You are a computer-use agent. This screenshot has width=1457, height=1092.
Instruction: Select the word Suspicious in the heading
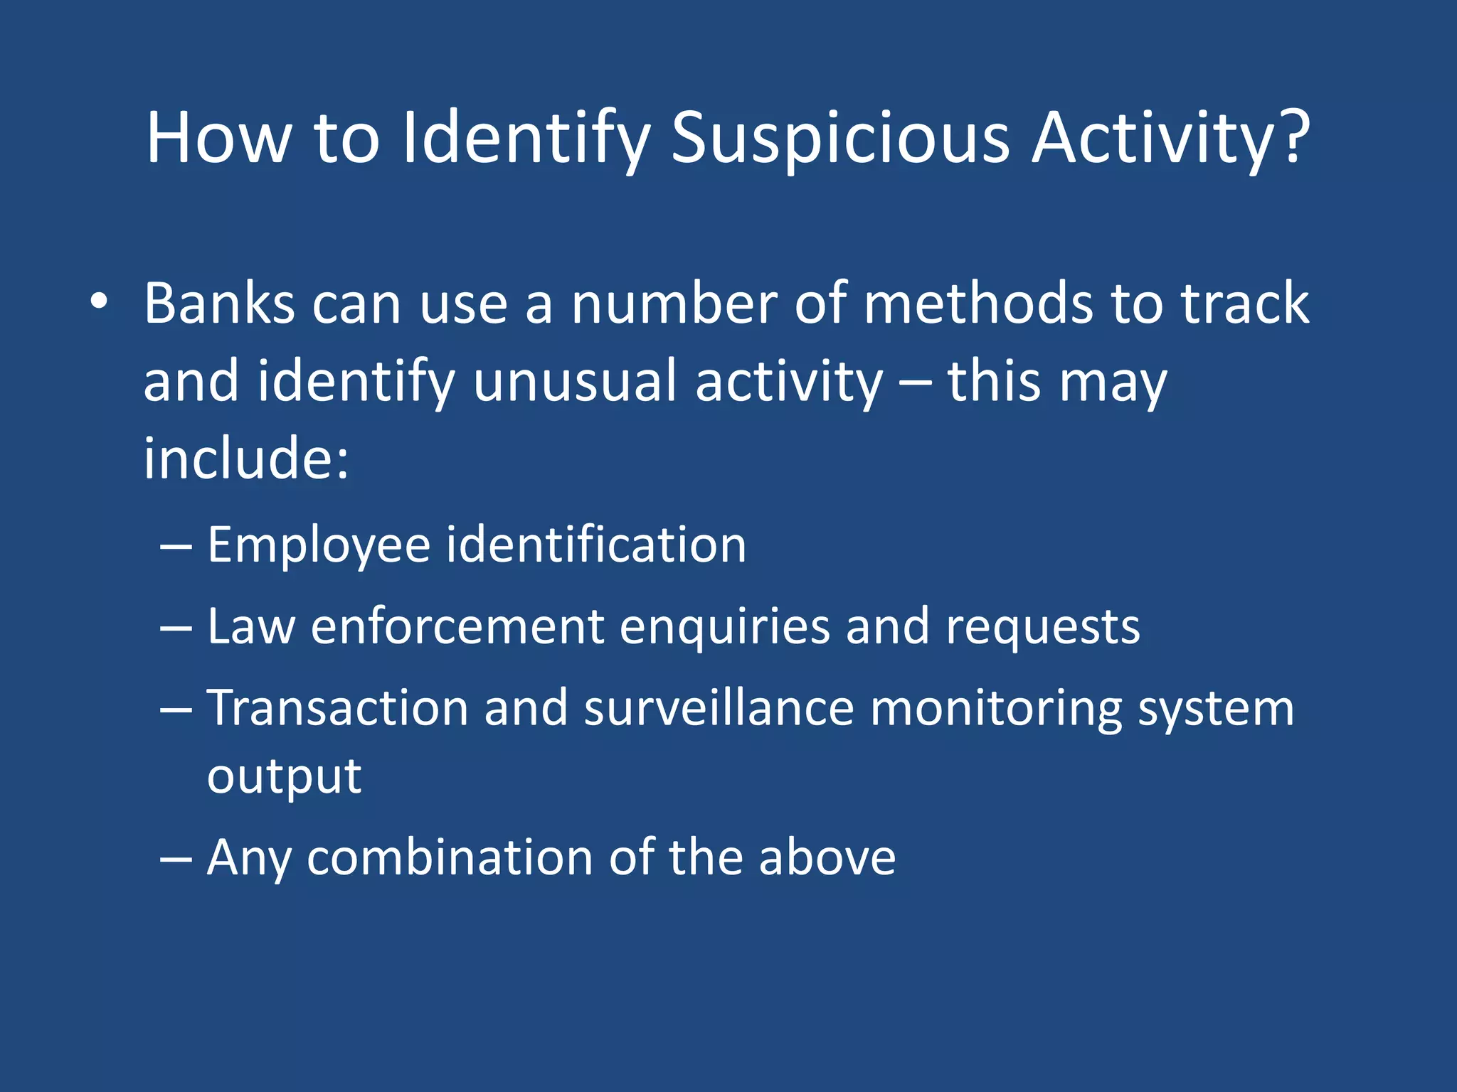840,138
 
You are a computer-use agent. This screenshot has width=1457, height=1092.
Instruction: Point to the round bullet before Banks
99,301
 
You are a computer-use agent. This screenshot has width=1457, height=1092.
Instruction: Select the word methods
979,304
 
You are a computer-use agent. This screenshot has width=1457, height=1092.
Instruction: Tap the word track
1244,304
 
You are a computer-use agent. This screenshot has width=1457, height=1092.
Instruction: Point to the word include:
246,458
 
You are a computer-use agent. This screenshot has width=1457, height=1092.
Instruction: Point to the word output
284,776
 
